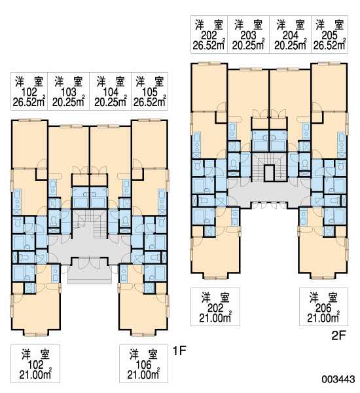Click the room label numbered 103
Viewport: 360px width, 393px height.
click(68, 92)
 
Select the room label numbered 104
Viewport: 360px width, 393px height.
click(110, 92)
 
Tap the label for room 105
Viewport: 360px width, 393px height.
click(149, 92)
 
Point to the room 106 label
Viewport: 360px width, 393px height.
click(143, 364)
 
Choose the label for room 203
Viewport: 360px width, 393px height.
click(248, 34)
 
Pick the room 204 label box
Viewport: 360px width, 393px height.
click(290, 34)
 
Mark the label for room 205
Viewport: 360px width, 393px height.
click(329, 34)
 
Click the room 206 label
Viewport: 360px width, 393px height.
click(323, 307)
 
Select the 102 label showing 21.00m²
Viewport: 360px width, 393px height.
click(35, 364)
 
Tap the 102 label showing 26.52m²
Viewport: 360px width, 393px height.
click(29, 92)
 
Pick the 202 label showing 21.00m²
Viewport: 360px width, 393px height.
click(215, 307)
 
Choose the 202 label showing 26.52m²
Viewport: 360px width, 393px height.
click(209, 34)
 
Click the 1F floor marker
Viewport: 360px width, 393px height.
click(179, 350)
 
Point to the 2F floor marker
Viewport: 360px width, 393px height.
click(338, 335)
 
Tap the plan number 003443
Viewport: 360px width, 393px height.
click(338, 379)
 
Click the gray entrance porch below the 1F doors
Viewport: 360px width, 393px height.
click(90, 275)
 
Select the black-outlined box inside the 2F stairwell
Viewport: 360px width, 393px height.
click(269, 173)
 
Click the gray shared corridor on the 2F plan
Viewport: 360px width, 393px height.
click(269, 192)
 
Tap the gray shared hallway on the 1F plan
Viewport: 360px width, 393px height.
click(90, 251)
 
